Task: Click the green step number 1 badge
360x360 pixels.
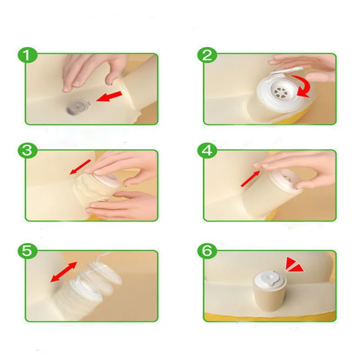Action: pos(27,55)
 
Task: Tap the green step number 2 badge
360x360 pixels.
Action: pos(207,55)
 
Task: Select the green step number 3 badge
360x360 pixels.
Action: pos(27,151)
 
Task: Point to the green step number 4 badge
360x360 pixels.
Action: pos(207,151)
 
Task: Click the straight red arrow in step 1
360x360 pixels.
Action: pos(109,96)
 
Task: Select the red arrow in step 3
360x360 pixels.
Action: pos(80,167)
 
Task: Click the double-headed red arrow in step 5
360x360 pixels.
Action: pos(64,272)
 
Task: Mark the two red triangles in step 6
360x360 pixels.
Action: pos(294,265)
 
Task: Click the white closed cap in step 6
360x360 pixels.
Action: pos(270,277)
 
